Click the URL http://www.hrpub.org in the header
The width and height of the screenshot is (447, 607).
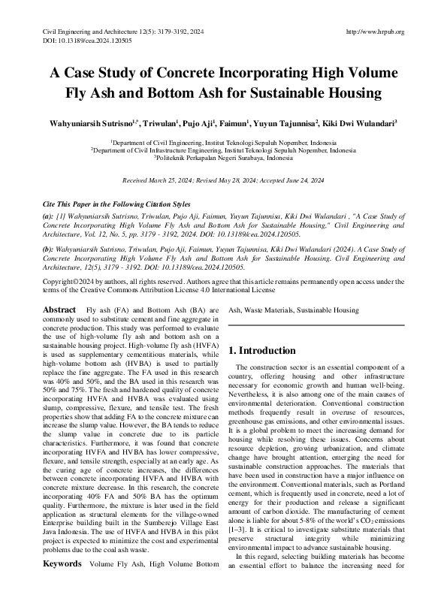375,32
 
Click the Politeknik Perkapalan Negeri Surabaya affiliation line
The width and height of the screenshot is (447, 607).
223,159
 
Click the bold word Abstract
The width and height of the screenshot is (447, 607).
59,310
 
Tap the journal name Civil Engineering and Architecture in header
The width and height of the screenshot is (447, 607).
92,32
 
